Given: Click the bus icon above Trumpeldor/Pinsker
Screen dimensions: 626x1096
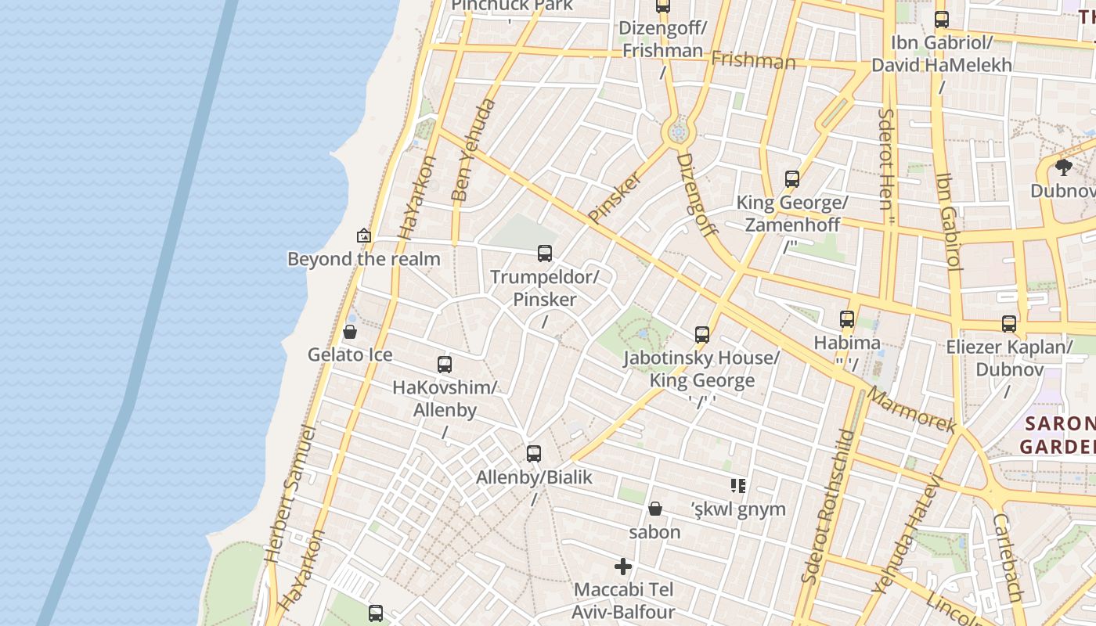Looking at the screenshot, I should point(545,254).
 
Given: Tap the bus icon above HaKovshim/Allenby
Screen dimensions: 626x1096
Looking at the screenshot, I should point(445,364).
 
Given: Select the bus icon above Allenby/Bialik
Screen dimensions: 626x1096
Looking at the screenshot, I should point(534,454).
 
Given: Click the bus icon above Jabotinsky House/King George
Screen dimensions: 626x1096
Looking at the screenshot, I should point(702,335).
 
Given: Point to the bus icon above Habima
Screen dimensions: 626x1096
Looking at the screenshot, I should point(847,319).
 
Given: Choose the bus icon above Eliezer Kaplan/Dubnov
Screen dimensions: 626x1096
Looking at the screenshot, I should point(1009,324).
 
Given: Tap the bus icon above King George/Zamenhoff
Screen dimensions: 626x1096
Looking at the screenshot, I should point(792,179).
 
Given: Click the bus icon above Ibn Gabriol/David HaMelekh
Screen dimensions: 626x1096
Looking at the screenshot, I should point(942,20).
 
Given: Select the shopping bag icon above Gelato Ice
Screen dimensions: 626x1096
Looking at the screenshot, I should point(350,332).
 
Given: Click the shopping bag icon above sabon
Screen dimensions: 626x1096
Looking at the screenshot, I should point(655,509).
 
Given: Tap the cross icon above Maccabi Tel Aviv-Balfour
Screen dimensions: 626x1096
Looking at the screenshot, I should point(623,566).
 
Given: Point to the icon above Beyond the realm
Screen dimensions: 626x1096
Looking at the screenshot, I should point(363,235).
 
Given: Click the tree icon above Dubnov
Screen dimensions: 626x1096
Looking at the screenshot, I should point(1063,167).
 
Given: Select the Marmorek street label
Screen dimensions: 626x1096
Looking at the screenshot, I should point(912,410).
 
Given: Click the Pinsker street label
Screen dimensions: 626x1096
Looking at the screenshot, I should point(615,197).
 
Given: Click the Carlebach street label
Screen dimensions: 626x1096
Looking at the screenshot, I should point(1007,556).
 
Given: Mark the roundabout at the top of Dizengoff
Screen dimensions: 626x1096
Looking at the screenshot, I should point(678,131).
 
